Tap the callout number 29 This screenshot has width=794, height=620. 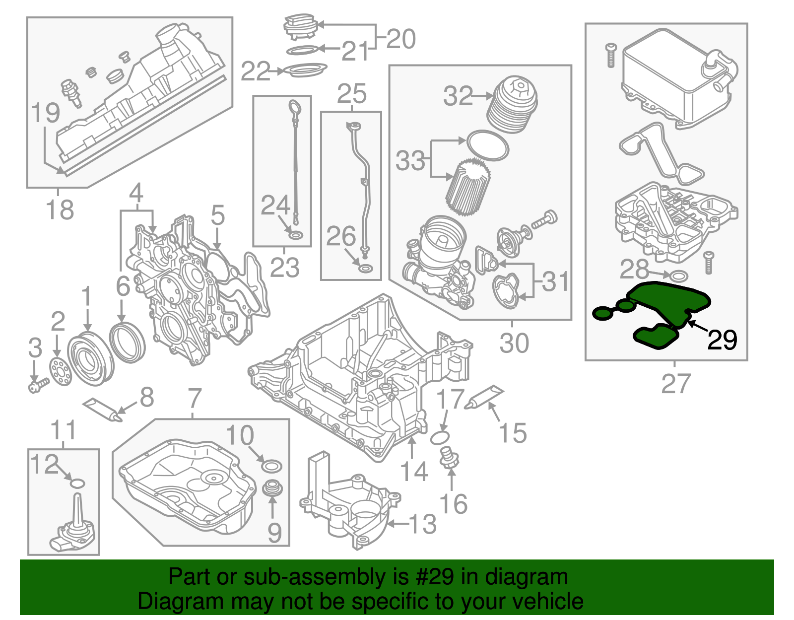(x=722, y=340)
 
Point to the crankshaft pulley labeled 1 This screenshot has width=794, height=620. (x=90, y=360)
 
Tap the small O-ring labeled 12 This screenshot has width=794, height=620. (x=78, y=483)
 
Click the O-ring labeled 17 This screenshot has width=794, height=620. (x=440, y=438)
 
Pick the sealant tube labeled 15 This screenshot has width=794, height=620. (x=483, y=398)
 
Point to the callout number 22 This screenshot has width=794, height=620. (x=255, y=71)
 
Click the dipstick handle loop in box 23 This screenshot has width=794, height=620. (x=294, y=108)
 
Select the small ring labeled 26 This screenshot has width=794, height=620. (x=366, y=269)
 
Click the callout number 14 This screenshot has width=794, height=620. (x=413, y=471)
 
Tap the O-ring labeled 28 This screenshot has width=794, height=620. (x=679, y=276)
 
